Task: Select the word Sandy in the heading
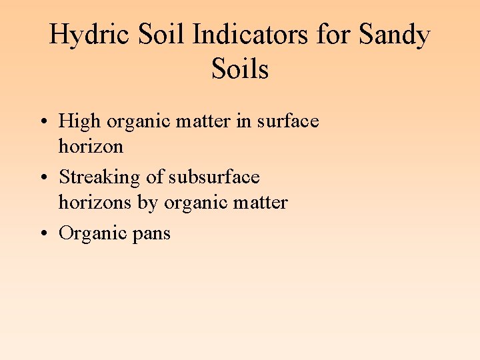point(394,35)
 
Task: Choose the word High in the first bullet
point(79,121)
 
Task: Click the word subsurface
point(214,177)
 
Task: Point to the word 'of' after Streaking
point(155,177)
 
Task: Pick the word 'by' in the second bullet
point(145,202)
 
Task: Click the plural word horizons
point(93,202)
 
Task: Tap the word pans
point(151,234)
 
